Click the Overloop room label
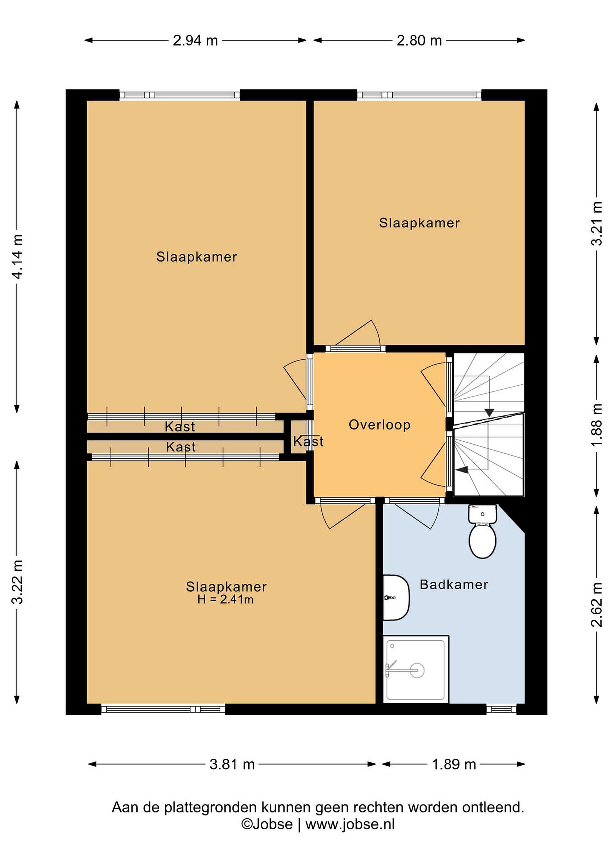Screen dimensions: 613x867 click(x=379, y=425)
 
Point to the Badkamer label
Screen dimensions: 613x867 click(x=454, y=585)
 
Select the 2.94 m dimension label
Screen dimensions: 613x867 click(x=195, y=40)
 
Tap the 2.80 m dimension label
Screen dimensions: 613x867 click(x=419, y=40)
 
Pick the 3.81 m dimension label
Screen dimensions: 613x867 click(x=232, y=765)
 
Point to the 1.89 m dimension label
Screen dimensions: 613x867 click(x=454, y=765)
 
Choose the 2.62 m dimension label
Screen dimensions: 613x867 click(x=596, y=604)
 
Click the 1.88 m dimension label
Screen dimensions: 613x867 click(x=596, y=425)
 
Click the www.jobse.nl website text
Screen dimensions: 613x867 click(x=350, y=824)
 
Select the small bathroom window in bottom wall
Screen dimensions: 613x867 click(x=501, y=709)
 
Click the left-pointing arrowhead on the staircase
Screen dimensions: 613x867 click(x=462, y=469)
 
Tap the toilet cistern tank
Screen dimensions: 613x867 click(x=482, y=514)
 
